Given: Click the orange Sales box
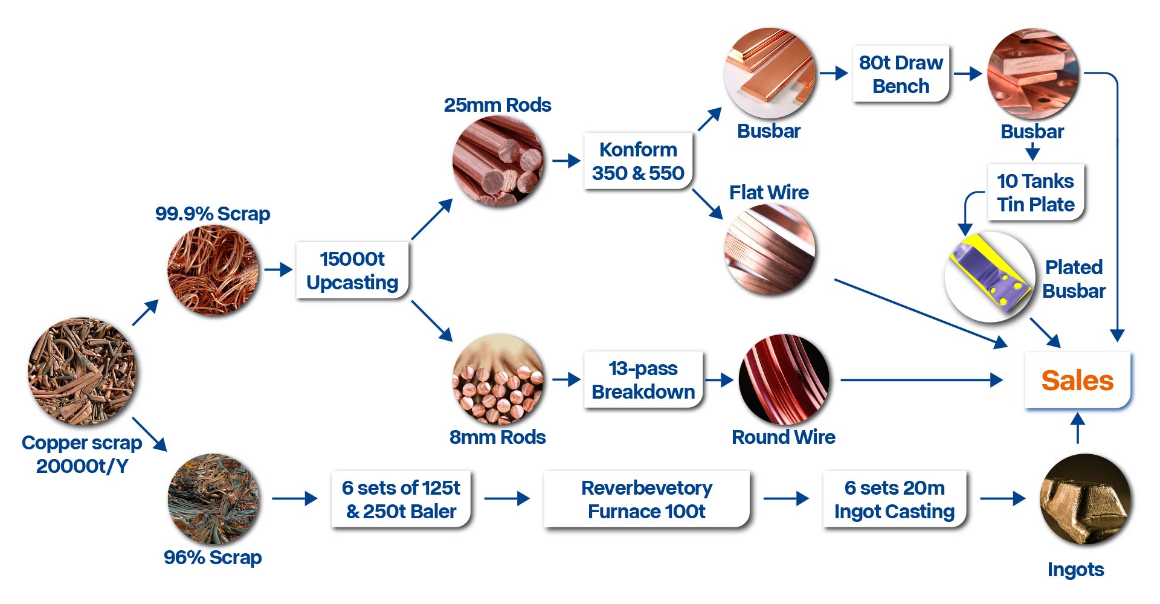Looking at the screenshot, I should pyautogui.click(x=1077, y=381).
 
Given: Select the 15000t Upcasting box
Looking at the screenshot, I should pyautogui.click(x=352, y=271).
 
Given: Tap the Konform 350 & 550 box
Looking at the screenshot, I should pyautogui.click(x=638, y=161).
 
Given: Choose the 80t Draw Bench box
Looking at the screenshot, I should pyautogui.click(x=901, y=74).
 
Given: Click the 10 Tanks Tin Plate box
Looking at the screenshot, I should pyautogui.click(x=1036, y=193).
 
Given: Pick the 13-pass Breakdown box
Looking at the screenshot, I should pyautogui.click(x=643, y=380).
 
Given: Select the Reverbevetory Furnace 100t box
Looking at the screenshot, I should pyautogui.click(x=646, y=500).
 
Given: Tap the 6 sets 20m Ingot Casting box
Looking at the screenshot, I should pyautogui.click(x=894, y=500).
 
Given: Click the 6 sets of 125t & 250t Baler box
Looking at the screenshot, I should pyautogui.click(x=401, y=500).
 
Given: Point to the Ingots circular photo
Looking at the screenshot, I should pyautogui.click(x=1084, y=500).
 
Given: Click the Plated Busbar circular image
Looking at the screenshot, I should pyautogui.click(x=990, y=277).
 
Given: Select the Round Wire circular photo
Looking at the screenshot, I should pyautogui.click(x=784, y=380).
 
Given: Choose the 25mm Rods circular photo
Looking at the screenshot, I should pyautogui.click(x=498, y=161).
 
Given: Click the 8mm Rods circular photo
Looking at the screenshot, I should pyautogui.click(x=498, y=380).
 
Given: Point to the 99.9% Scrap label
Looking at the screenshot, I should pyautogui.click(x=213, y=214).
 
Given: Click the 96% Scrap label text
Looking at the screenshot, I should pyautogui.click(x=213, y=557).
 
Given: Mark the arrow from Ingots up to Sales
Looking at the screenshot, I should pyautogui.click(x=1077, y=428).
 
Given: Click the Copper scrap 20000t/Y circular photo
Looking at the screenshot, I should pyautogui.click(x=82, y=371).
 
